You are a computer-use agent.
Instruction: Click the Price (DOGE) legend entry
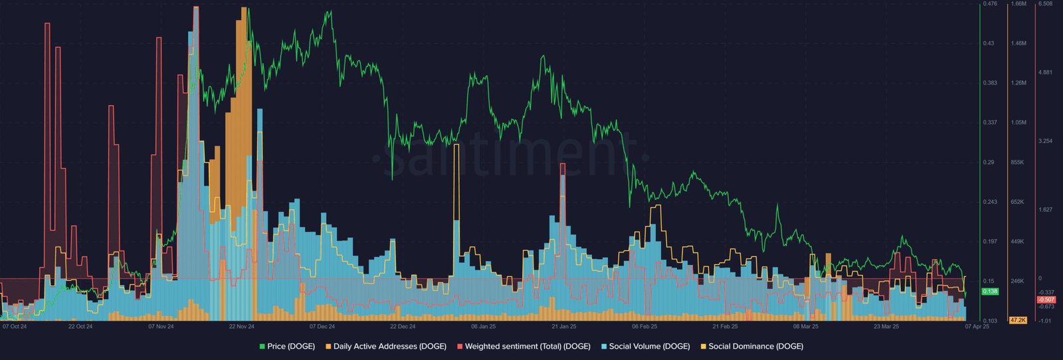click(x=287, y=346)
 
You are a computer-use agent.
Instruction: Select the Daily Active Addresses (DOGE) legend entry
click(x=386, y=346)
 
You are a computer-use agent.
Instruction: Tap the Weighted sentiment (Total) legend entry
click(x=524, y=346)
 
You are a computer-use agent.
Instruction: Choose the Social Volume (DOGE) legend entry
click(x=645, y=346)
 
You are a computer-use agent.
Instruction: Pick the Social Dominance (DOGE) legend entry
click(x=751, y=346)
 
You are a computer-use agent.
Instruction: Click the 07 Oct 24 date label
click(x=14, y=326)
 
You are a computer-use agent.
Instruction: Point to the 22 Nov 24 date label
click(x=242, y=326)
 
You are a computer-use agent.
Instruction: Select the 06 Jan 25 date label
click(x=483, y=326)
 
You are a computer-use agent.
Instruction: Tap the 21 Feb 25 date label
click(x=725, y=326)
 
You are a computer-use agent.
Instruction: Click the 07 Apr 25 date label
click(x=977, y=326)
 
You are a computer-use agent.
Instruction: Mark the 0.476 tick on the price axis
click(x=990, y=4)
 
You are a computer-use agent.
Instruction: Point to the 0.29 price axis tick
click(x=989, y=162)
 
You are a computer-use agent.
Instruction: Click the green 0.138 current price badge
click(x=990, y=291)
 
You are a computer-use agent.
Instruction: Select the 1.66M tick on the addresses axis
click(x=1018, y=4)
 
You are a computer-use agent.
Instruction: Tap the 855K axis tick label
click(x=1017, y=162)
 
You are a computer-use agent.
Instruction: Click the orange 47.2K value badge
click(x=1018, y=320)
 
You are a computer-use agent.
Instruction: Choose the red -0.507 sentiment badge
click(x=1046, y=300)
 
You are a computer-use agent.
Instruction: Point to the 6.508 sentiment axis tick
click(x=1046, y=4)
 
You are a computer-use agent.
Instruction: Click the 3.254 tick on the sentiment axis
click(x=1046, y=141)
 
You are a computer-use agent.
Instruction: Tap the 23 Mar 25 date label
click(x=886, y=326)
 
